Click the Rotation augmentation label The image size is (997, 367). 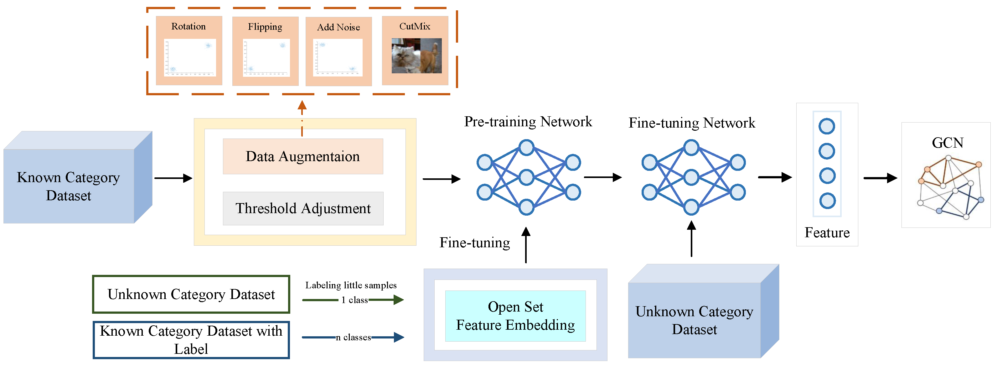tap(189, 26)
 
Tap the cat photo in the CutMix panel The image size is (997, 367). tap(416, 56)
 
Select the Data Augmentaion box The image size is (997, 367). tap(303, 156)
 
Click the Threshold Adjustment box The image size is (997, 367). tap(303, 208)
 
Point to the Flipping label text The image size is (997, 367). tap(265, 27)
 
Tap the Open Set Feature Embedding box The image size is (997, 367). tap(515, 316)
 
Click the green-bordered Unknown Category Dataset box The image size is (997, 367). tap(191, 294)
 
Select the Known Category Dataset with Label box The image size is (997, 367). tap(191, 339)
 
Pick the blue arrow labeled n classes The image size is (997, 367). tap(387, 337)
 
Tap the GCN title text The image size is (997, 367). tap(947, 143)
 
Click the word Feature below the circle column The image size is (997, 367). tap(827, 233)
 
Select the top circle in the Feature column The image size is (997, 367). tap(827, 126)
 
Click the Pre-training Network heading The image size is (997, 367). tap(528, 122)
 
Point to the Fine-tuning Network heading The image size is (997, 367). tap(692, 123)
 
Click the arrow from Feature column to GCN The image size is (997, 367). tap(880, 178)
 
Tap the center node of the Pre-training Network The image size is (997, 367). tap(526, 177)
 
